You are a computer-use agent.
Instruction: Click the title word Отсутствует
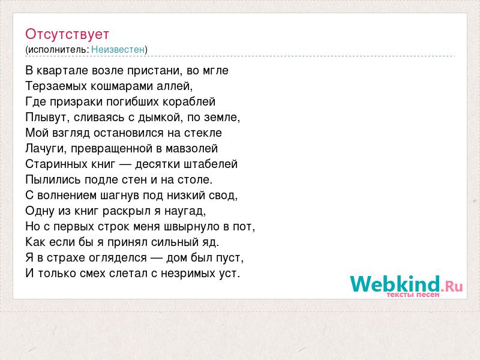click(67, 34)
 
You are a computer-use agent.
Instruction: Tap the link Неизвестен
click(118, 49)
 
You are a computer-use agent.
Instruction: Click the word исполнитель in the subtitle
click(58, 50)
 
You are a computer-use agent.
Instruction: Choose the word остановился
click(128, 133)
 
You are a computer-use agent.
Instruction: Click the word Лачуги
click(46, 149)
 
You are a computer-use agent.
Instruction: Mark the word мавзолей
click(191, 148)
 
